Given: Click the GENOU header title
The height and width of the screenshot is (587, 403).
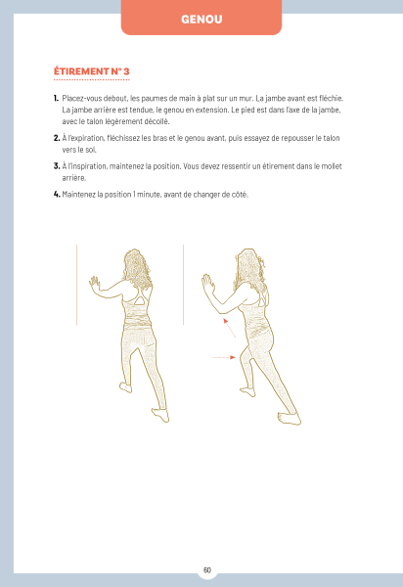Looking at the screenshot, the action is point(201,20).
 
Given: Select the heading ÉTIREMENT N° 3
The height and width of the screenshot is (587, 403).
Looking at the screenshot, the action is point(92,71).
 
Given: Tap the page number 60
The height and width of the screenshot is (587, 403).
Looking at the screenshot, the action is point(207,569).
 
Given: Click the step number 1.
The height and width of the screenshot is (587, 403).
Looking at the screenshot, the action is point(56,99).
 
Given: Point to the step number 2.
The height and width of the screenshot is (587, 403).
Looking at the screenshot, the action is point(57,138).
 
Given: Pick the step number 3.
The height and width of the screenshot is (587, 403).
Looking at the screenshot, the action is point(57,166).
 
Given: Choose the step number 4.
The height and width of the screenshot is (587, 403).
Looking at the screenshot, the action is point(57,195).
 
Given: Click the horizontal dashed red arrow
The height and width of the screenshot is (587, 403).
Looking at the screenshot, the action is point(224,357).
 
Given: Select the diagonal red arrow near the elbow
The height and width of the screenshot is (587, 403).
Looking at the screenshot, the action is point(229,328).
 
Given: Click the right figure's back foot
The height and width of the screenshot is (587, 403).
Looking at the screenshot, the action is point(290,418).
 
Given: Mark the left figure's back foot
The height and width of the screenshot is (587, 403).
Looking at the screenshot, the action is point(160,415).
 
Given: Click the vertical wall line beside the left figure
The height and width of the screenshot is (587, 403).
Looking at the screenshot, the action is point(76,285).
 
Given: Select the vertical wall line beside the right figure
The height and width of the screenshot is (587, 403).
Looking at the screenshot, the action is point(183,285).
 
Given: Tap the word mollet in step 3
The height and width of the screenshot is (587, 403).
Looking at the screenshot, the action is point(332,166).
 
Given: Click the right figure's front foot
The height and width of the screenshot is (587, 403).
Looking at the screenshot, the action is point(247,392).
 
